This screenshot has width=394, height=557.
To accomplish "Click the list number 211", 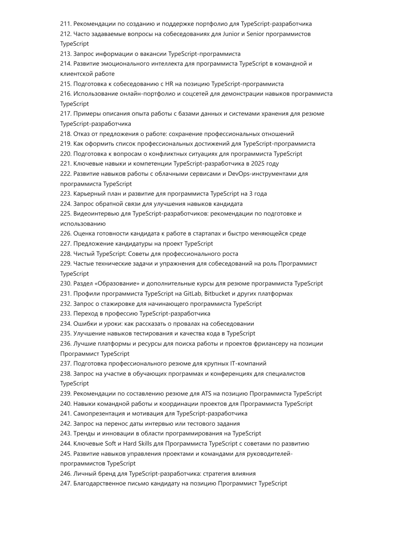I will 66,24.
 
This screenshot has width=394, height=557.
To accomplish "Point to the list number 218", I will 66,134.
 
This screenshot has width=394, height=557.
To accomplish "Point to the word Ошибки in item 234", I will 84,323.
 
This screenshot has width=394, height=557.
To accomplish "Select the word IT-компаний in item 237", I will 248,363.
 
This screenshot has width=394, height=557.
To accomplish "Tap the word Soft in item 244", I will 110,444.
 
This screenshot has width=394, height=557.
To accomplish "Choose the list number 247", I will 66,483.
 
